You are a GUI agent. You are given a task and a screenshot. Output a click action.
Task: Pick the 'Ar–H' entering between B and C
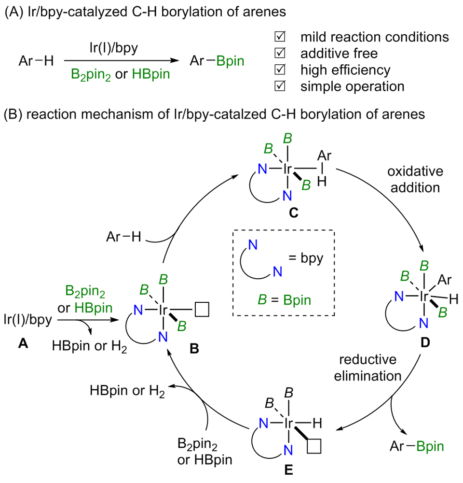123,237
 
